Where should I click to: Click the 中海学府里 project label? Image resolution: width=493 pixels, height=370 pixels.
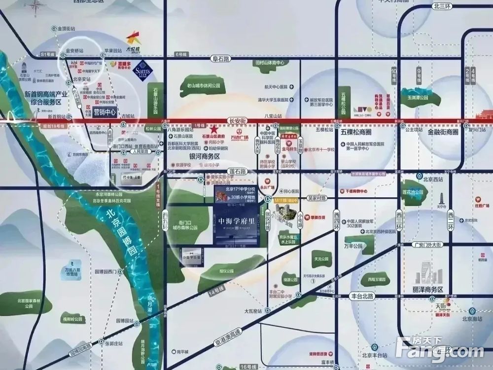click(x=237, y=221)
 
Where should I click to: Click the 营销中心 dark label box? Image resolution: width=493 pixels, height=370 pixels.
click(x=104, y=112)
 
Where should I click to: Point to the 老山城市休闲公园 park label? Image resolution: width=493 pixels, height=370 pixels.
click(x=203, y=85)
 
